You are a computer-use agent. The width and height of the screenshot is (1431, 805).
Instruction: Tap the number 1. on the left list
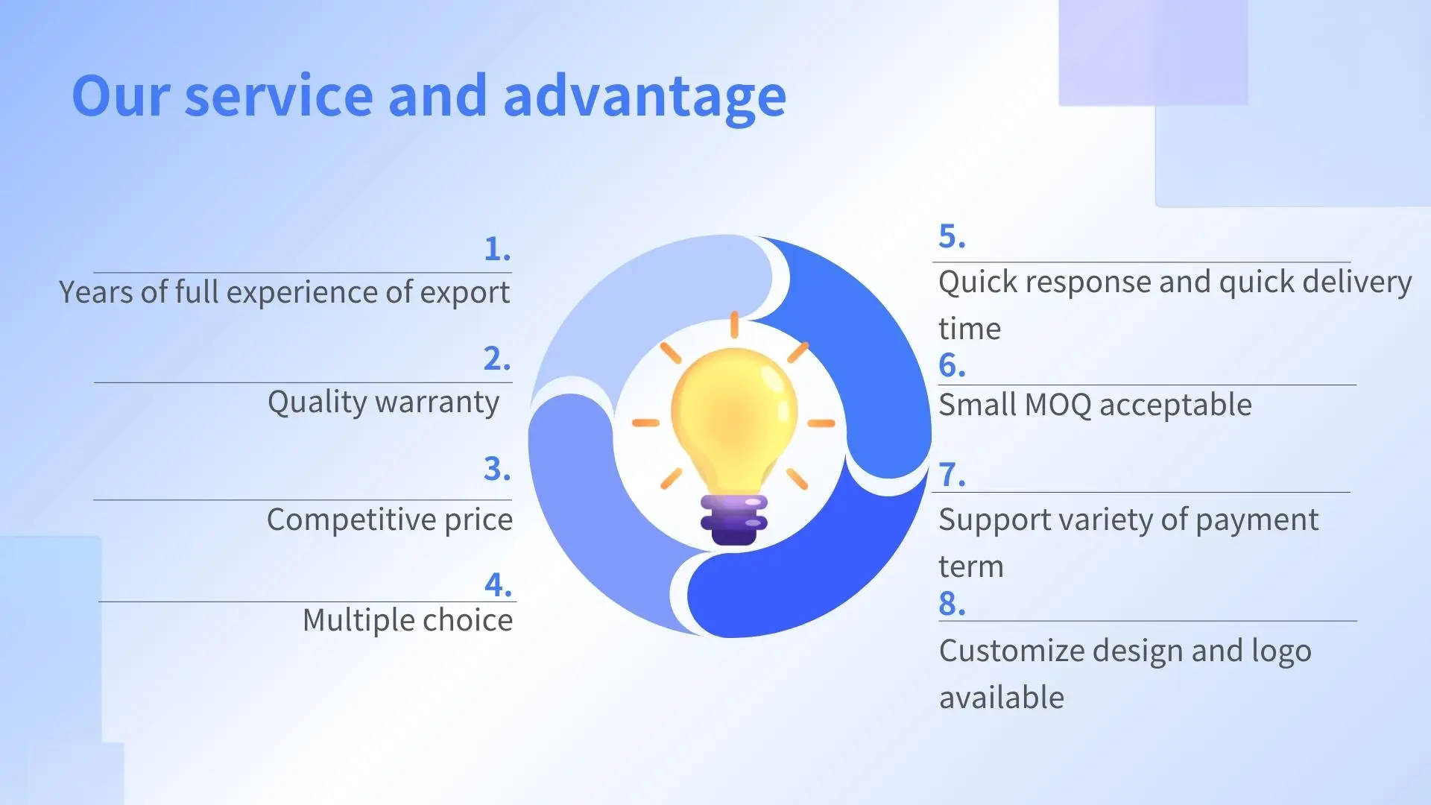click(497, 248)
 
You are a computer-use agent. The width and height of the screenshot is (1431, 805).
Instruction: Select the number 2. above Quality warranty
click(497, 359)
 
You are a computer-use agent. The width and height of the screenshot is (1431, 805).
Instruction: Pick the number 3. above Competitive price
click(497, 469)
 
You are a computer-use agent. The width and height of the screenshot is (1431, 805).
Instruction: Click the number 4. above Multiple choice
click(498, 584)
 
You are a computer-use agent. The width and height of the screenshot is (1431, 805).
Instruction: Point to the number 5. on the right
click(953, 236)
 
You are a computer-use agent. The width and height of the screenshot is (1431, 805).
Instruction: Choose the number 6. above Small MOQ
click(953, 365)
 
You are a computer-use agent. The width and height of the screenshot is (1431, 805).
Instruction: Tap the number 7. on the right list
click(953, 474)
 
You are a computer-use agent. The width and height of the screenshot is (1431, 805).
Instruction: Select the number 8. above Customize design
click(953, 604)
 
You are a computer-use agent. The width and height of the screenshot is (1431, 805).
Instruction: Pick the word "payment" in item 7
click(1257, 520)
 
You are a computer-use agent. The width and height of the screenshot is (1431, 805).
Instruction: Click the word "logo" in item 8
click(1281, 652)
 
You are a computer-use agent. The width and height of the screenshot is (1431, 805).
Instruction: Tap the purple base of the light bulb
click(734, 520)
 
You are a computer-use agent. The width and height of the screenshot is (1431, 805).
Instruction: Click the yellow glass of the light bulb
click(734, 421)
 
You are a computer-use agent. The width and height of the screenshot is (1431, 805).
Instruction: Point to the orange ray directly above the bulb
click(734, 325)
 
